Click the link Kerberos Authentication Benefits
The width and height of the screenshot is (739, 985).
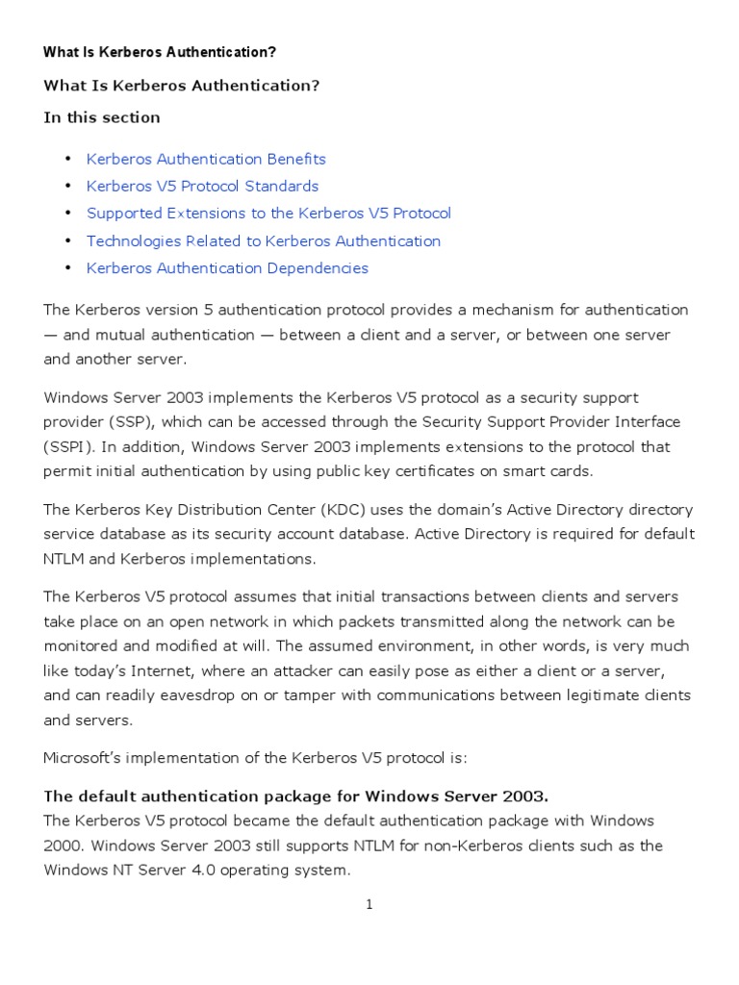pyautogui.click(x=206, y=159)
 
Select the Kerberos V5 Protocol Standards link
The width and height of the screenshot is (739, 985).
pyautogui.click(x=202, y=186)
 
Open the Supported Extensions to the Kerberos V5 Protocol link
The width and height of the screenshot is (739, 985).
pyautogui.click(x=268, y=213)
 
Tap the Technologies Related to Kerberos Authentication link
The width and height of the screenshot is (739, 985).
pyautogui.click(x=264, y=240)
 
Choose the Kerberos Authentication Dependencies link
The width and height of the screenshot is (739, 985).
pyautogui.click(x=227, y=267)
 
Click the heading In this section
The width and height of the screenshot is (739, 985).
pyautogui.click(x=102, y=117)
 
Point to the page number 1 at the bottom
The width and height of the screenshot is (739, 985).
pyautogui.click(x=369, y=904)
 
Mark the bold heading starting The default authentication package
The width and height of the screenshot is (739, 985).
pyautogui.click(x=295, y=796)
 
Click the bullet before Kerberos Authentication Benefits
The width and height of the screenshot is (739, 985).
pyautogui.click(x=68, y=159)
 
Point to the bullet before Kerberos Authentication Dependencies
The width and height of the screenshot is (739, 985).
pyautogui.click(x=68, y=267)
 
